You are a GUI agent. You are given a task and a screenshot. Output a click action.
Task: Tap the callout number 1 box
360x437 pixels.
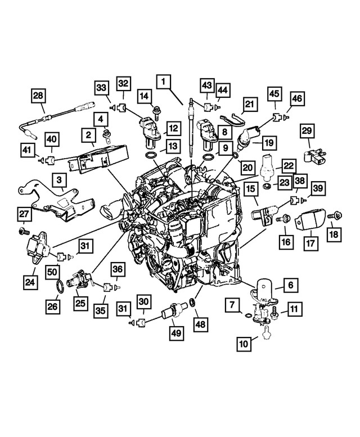[164, 83]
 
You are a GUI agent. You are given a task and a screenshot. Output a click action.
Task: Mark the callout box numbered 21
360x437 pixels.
[249, 103]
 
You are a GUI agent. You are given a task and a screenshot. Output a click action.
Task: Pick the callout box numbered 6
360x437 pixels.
[290, 285]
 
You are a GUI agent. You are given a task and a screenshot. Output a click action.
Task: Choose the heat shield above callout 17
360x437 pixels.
[310, 221]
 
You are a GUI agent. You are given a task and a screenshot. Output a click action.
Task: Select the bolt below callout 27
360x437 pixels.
[23, 231]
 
